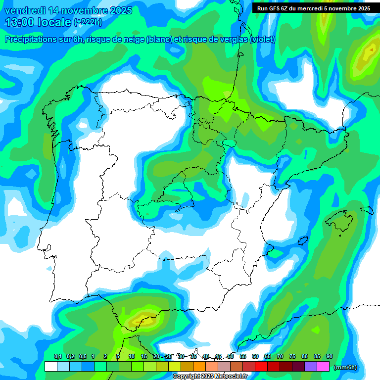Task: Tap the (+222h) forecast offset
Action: tap(88, 22)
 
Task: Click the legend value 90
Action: tap(330, 356)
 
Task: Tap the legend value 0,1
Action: tap(58, 356)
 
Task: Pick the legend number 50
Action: tap(231, 356)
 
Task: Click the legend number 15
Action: tap(144, 356)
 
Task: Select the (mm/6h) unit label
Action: tap(345, 367)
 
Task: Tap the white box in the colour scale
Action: tap(50, 367)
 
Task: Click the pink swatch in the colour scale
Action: tap(323, 367)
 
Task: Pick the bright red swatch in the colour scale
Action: tap(261, 367)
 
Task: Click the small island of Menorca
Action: tap(367, 210)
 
